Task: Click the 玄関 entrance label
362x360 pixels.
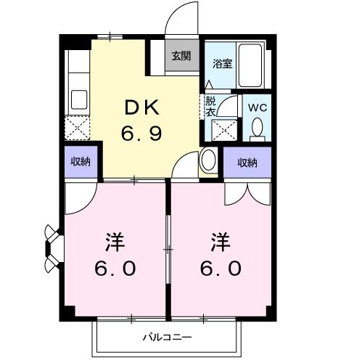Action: click(x=181, y=56)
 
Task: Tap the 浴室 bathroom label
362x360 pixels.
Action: click(x=221, y=63)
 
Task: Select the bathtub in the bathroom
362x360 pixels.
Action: click(x=253, y=65)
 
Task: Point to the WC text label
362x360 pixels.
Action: click(x=257, y=107)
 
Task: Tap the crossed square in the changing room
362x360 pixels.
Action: click(x=222, y=131)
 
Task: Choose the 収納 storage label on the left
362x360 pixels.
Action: click(x=80, y=161)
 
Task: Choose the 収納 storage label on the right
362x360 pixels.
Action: click(x=247, y=163)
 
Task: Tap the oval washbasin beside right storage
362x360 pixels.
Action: click(x=207, y=160)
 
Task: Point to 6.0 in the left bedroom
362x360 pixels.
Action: click(x=114, y=269)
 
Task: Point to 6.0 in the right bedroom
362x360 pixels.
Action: click(x=221, y=269)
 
